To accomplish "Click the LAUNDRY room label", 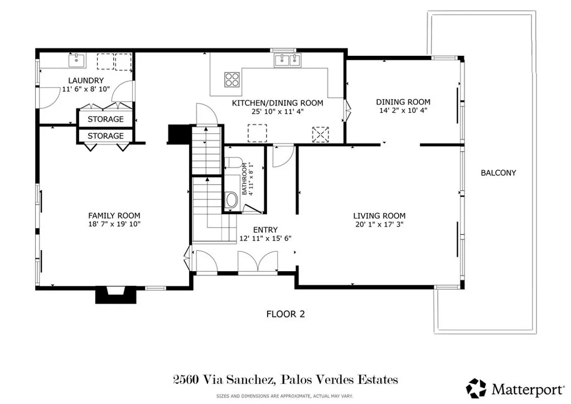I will click(86, 80).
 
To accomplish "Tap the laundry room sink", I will click(75, 59).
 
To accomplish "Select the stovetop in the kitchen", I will click(232, 80).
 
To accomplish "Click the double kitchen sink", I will click(287, 59).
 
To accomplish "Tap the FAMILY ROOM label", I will click(114, 215).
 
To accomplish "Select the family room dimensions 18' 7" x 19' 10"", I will click(114, 224).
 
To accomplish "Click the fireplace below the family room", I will click(116, 295).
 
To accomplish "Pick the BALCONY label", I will click(498, 173).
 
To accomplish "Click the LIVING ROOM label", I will click(379, 215).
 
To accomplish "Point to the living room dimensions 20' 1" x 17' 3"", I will click(379, 224).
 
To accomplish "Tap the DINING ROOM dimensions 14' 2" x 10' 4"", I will click(403, 110).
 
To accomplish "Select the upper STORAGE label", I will click(105, 119).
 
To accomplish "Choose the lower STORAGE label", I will click(105, 136).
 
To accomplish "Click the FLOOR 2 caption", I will click(285, 314).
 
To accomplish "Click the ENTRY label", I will click(265, 230).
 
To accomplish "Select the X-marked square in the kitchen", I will click(321, 134).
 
